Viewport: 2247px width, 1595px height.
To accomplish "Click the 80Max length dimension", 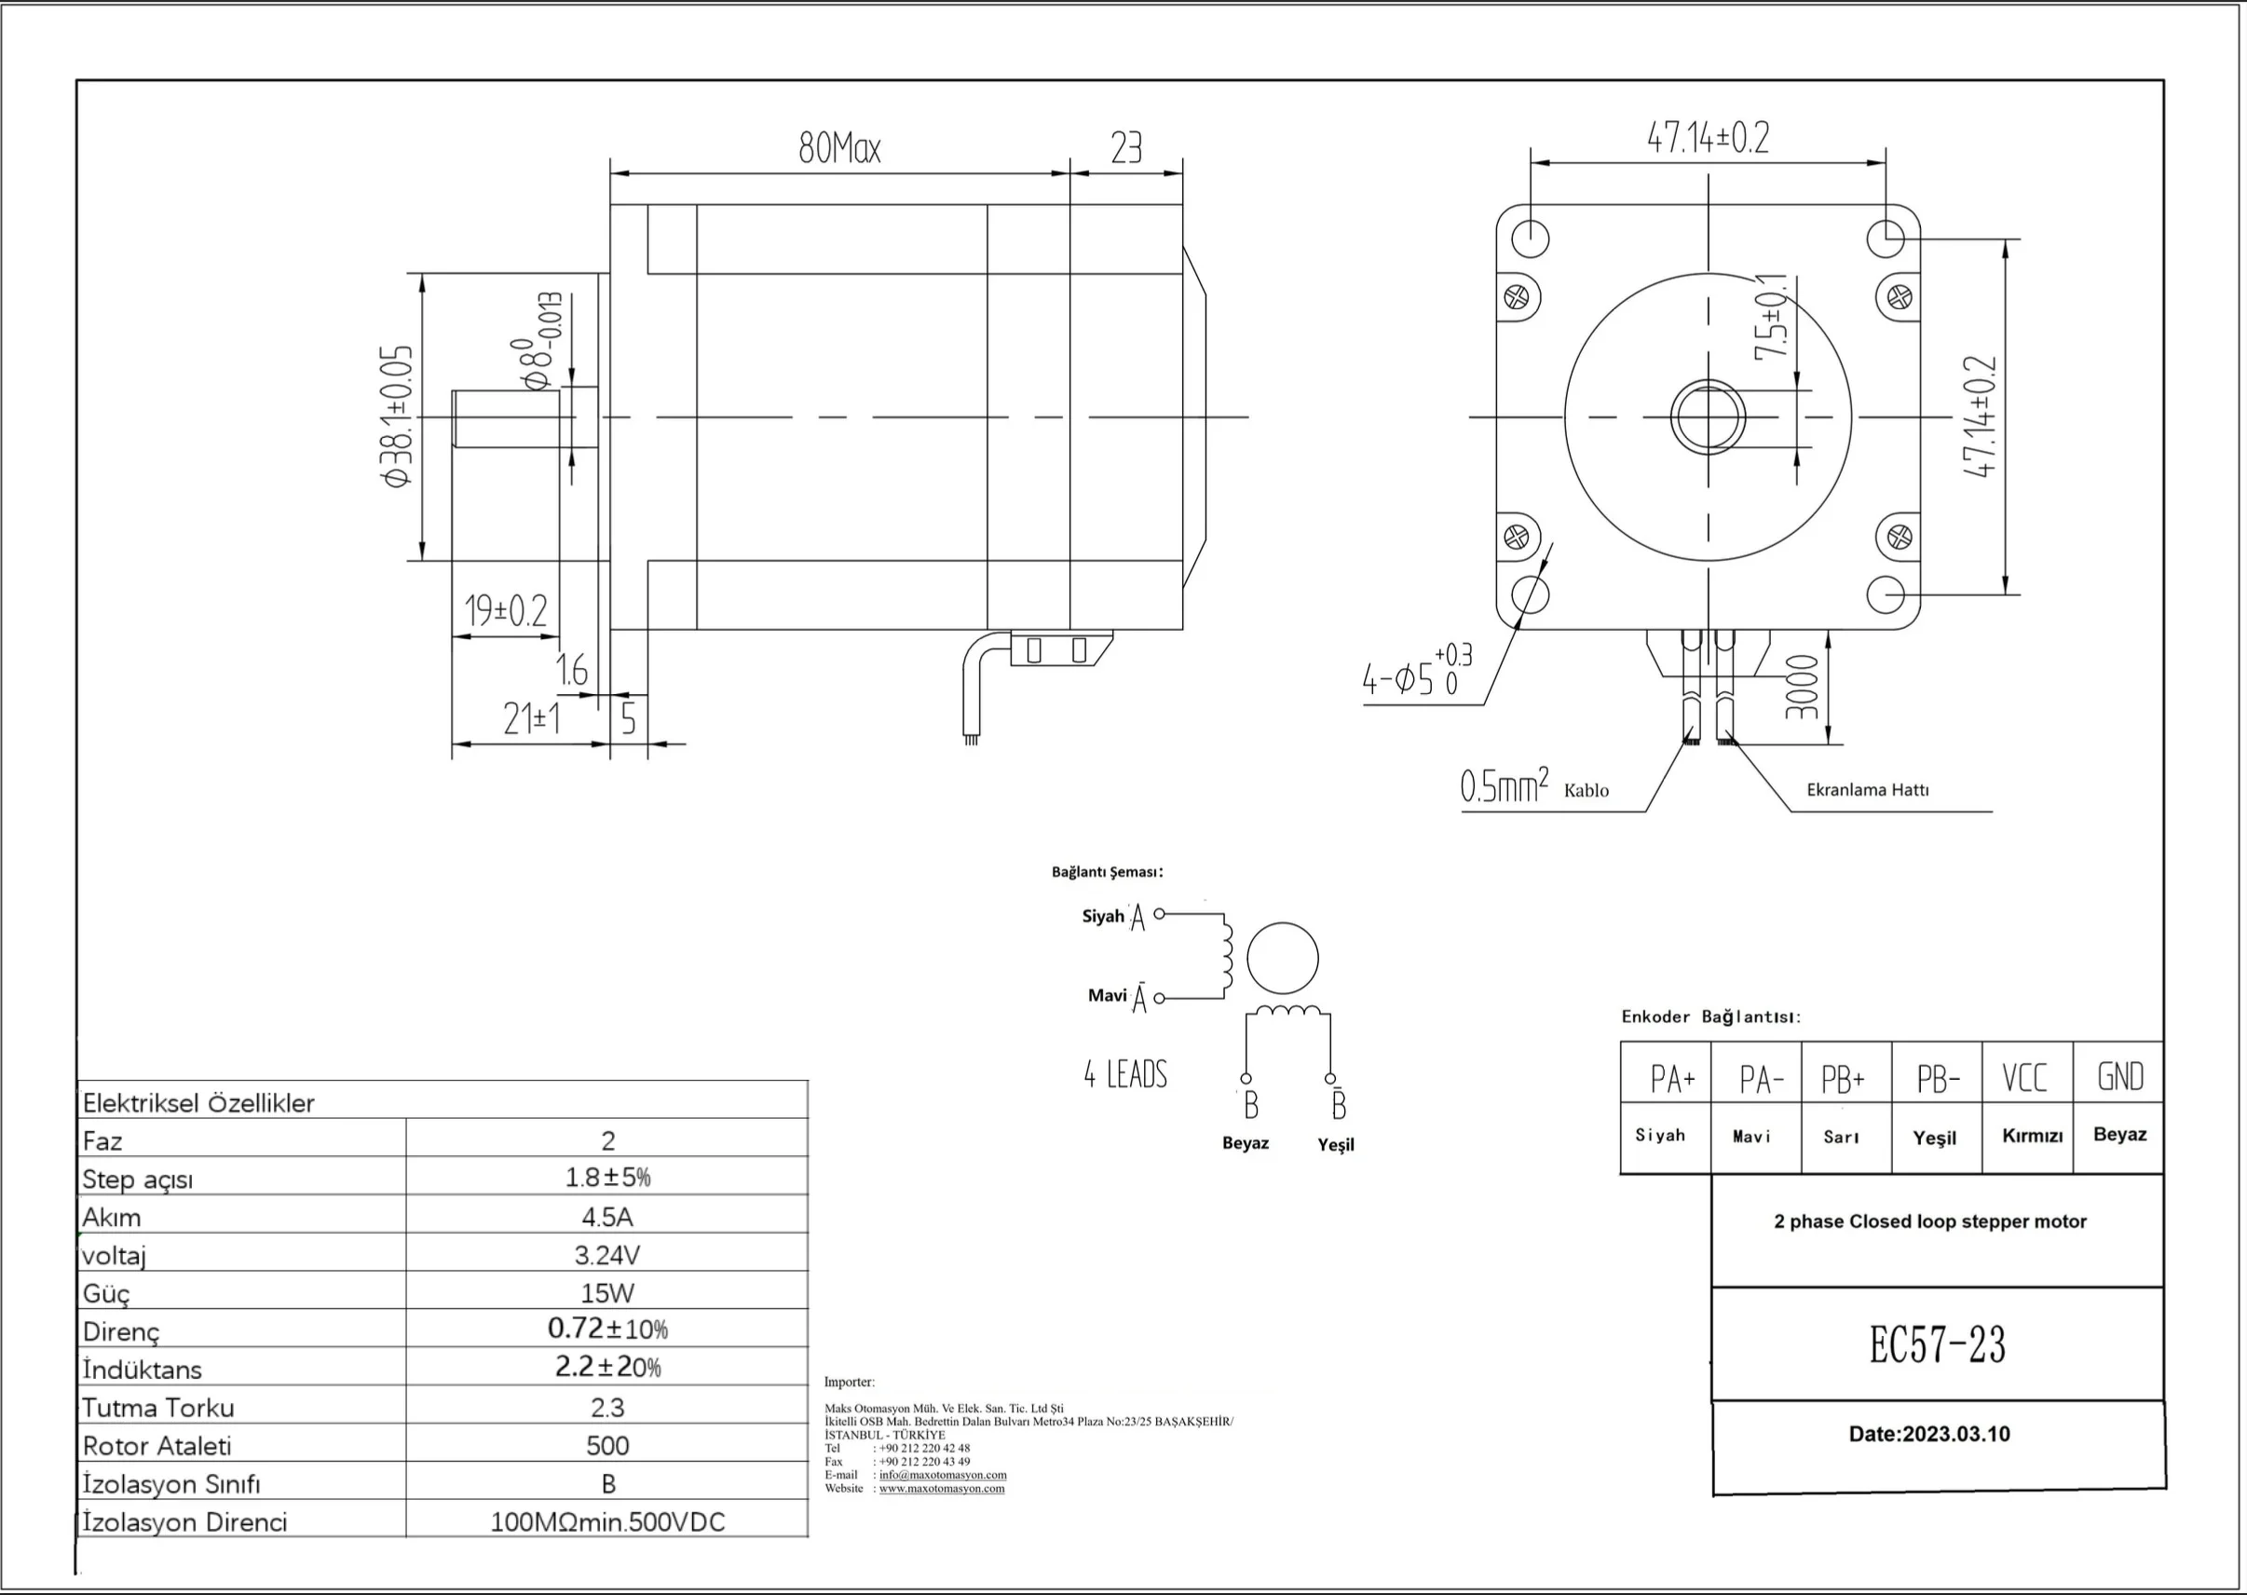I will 839,149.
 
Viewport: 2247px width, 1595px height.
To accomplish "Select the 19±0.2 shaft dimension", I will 506,611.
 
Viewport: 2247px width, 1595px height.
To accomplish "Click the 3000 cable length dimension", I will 1802,688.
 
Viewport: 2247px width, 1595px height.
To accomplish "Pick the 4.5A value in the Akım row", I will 606,1217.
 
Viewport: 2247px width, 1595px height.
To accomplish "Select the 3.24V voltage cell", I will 606,1255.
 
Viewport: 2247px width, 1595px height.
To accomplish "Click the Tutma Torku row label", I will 158,1408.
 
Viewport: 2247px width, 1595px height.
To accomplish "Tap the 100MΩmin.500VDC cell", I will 606,1522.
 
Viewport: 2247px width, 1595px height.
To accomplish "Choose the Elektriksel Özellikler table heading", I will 198,1103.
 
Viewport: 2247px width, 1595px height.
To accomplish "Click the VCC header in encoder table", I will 2025,1077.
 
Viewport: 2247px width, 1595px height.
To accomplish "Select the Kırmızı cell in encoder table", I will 2032,1137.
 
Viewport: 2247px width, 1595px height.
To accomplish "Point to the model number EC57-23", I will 1937,1344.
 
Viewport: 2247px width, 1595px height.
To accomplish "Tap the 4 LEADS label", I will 1125,1074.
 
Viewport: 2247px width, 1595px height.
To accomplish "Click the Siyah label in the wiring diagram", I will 1103,917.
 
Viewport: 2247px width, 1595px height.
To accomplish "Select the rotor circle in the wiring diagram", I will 1283,959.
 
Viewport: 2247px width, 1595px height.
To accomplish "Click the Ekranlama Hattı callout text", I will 1867,790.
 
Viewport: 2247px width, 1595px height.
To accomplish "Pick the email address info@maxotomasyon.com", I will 942,1474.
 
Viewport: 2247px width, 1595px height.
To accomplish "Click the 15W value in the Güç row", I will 606,1293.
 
